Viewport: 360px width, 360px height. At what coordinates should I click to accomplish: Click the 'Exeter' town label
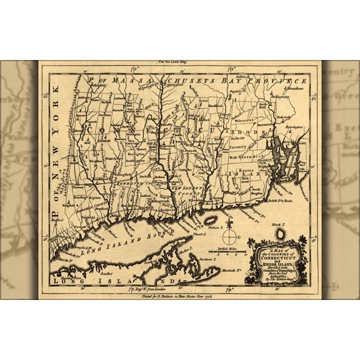tap(246, 169)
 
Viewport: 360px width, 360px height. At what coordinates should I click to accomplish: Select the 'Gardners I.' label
tap(214, 258)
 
